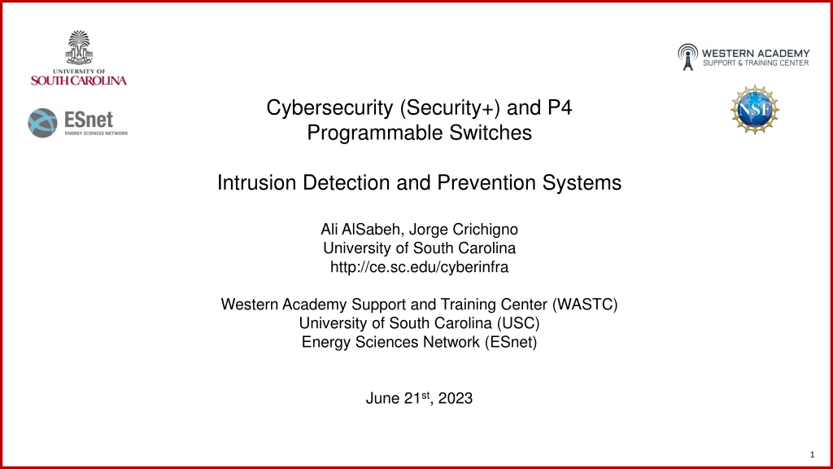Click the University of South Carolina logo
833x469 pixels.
click(x=79, y=58)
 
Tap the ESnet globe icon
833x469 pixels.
click(x=42, y=123)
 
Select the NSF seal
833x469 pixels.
click(x=754, y=110)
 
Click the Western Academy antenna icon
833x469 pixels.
click(x=687, y=57)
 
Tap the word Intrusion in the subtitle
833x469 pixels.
click(x=257, y=182)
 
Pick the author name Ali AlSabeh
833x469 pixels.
click(x=360, y=229)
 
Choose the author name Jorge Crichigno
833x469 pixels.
click(x=463, y=229)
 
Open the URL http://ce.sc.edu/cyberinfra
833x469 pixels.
click(x=419, y=266)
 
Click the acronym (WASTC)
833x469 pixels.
click(x=585, y=305)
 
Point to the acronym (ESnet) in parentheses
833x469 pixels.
click(x=511, y=341)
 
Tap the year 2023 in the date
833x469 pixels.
click(x=456, y=398)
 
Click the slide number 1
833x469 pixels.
click(x=812, y=454)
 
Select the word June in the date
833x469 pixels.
click(x=382, y=398)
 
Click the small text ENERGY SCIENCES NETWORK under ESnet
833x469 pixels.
click(x=96, y=133)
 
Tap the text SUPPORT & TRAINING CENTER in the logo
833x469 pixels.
click(x=756, y=63)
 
